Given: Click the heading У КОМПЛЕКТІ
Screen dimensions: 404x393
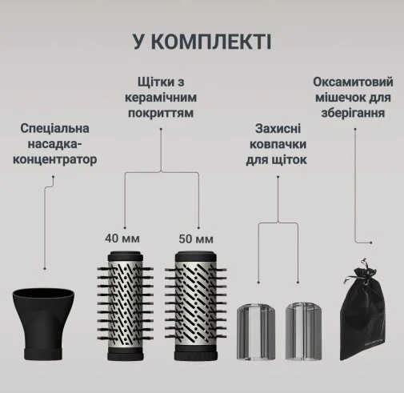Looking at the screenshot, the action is pos(202,42).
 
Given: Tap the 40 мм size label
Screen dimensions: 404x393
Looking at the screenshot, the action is pos(122,239).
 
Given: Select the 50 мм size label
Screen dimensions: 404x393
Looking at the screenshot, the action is pos(196,239).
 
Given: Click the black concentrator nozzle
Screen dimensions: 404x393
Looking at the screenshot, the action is pos(43,323).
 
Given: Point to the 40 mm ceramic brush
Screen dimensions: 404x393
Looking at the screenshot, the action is pos(125,306).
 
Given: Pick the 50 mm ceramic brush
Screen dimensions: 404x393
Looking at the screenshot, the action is pos(196,306).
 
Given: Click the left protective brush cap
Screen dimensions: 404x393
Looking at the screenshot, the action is pos(256,331).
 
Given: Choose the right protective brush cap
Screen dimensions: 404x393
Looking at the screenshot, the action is pos(303,331).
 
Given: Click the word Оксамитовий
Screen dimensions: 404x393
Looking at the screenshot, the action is pos(353,82).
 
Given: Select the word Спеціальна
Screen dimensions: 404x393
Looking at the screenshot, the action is pos(54,128).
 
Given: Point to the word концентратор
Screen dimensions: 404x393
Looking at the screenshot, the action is pos(55,159).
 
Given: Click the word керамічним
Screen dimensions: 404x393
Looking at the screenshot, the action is pos(161,98).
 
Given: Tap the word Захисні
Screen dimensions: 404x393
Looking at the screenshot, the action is pos(278,129).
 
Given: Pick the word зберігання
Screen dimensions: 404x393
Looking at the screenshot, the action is pos(353,113).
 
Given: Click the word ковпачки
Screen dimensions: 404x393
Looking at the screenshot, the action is pos(278,144).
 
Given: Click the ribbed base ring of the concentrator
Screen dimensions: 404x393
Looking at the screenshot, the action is pos(43,353).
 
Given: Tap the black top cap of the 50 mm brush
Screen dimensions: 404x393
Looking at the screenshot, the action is pos(196,255).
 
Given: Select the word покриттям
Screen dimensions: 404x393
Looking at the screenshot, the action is pos(161,113).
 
